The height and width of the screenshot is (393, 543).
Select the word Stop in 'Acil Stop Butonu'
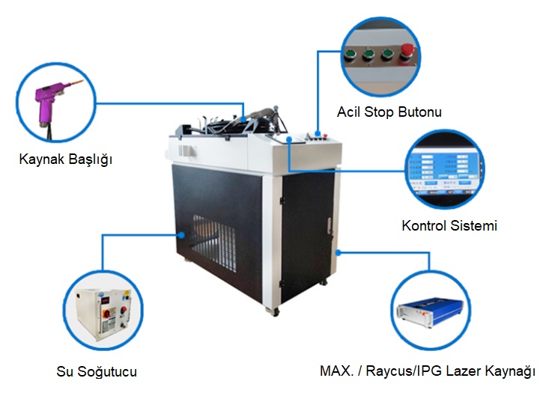point(380,113)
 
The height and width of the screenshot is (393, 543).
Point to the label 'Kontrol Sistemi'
point(449,225)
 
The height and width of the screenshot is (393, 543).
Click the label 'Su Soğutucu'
point(97,371)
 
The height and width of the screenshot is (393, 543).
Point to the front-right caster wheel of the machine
point(275,308)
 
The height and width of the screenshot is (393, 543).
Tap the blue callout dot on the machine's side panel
point(182,234)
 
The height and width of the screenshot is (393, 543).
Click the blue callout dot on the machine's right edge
point(339,252)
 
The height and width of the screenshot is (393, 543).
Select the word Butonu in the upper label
point(419,113)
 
